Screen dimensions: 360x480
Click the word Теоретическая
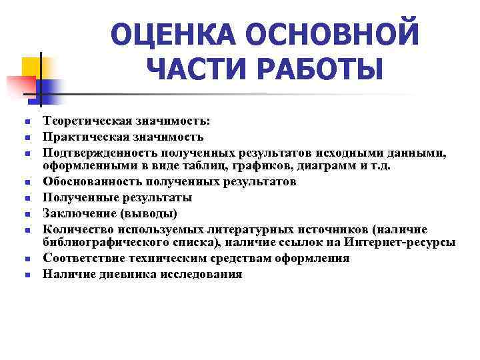click(x=81, y=121)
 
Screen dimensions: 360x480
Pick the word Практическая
click(x=78, y=137)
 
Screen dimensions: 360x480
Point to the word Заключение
click(x=74, y=213)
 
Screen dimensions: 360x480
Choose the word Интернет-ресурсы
click(x=399, y=242)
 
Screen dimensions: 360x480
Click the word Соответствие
click(x=80, y=258)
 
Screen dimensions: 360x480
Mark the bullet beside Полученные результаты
click(x=23, y=198)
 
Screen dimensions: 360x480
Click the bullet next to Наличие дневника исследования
click(x=23, y=275)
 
